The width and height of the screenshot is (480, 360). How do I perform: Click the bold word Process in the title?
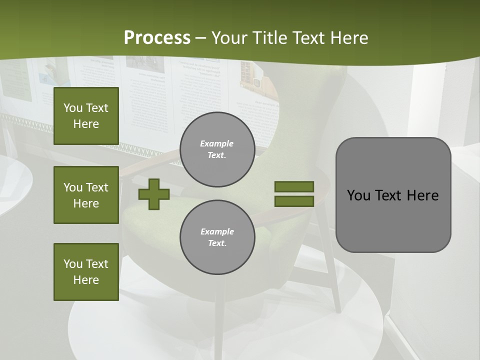pos(157,38)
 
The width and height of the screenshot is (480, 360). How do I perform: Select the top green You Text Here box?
pos(86,116)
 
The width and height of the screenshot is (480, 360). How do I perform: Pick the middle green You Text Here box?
pos(86,195)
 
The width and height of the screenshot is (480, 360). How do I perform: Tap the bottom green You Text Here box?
pos(86,272)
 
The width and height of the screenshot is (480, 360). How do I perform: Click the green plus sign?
pos(153,194)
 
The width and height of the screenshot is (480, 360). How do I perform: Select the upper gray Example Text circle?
pos(217,149)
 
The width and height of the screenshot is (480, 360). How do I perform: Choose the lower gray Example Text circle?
pos(217,237)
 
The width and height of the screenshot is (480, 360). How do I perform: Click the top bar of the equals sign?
pos(294,186)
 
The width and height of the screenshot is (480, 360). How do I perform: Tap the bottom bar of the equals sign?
pos(294,201)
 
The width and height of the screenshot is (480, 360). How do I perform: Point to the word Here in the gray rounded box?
pos(423,195)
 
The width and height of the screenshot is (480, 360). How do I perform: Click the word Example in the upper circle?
pos(217,143)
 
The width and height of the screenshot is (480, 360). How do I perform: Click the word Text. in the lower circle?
pos(217,243)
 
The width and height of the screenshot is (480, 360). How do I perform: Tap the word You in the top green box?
pos(72,108)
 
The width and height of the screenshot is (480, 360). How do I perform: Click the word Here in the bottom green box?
pos(86,280)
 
